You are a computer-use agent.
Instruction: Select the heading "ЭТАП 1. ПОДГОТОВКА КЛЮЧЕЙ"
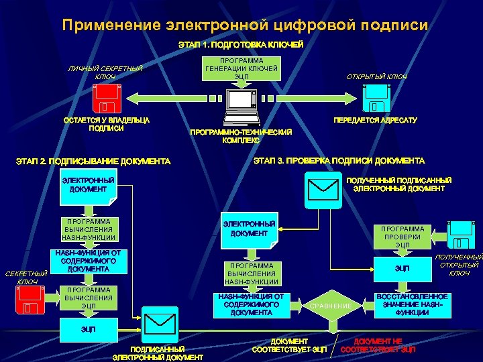240,45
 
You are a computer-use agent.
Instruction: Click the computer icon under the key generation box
241,107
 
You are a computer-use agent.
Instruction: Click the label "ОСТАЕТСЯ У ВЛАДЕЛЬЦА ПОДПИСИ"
106,124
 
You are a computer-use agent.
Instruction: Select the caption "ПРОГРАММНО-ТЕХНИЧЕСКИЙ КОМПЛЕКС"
241,137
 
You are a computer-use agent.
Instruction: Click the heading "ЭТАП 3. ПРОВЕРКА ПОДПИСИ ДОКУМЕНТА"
338,161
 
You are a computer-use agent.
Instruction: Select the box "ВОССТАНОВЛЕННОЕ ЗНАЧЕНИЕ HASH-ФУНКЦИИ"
412,304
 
